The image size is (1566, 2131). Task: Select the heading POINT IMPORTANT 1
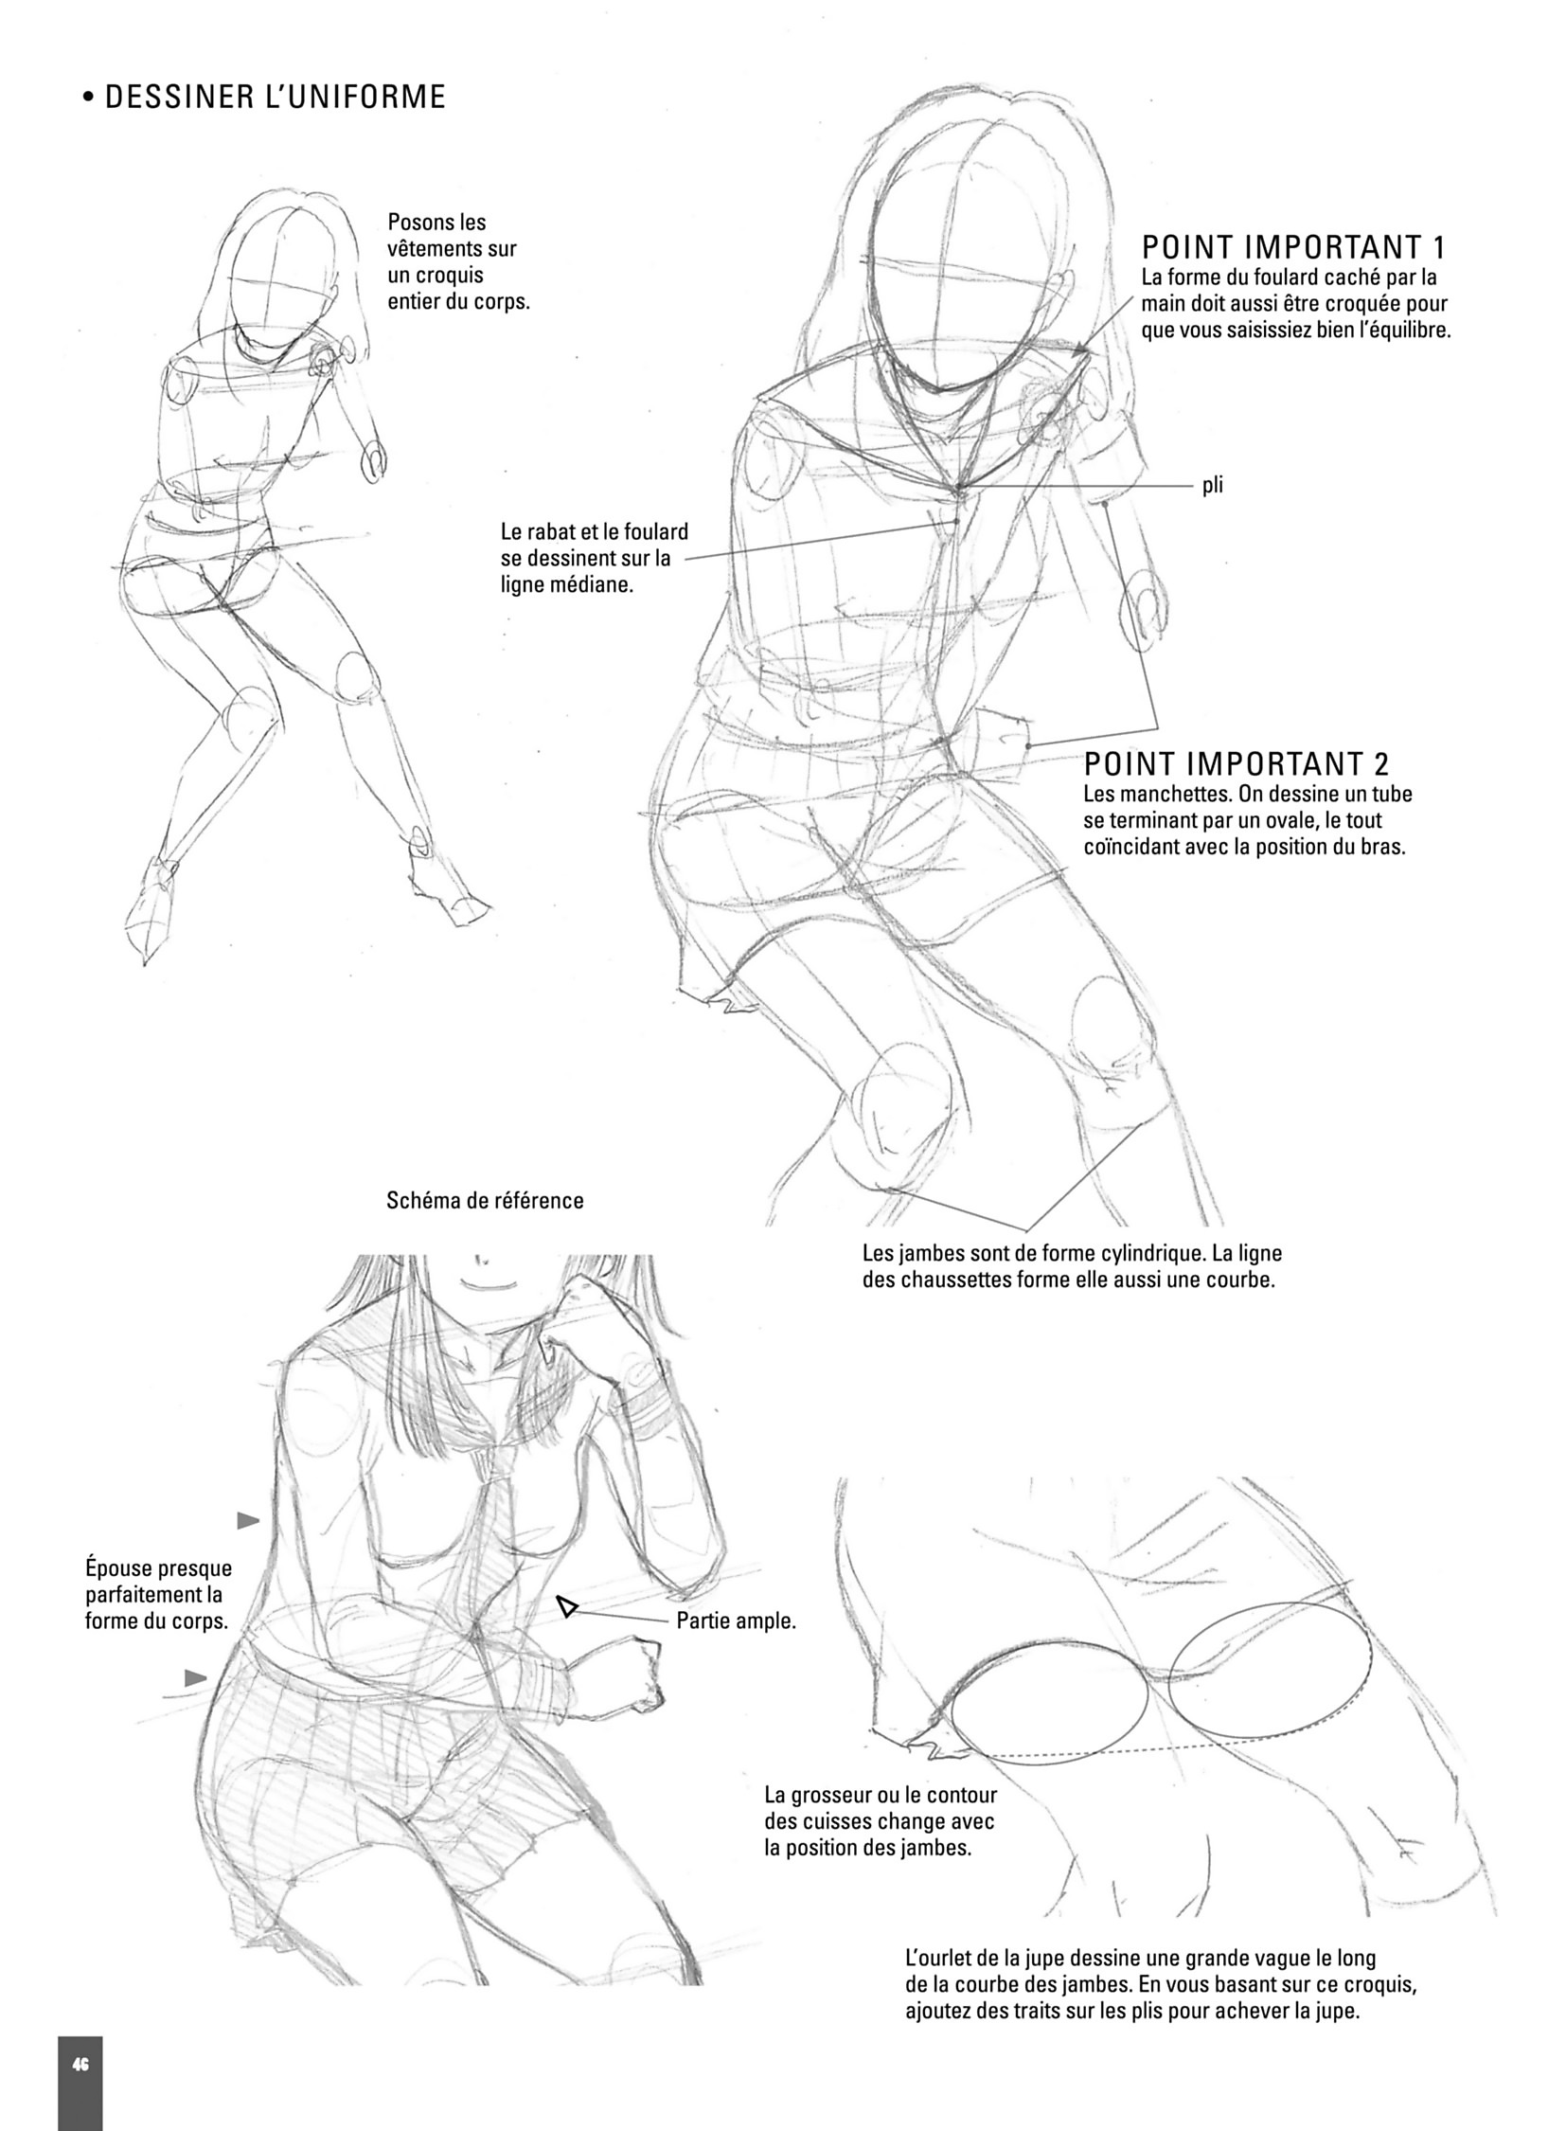coord(1294,247)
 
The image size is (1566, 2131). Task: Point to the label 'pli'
coord(1213,486)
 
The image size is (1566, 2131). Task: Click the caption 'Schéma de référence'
coord(486,1201)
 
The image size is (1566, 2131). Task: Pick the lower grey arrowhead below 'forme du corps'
coord(196,1678)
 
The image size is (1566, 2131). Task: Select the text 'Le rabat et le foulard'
coord(595,532)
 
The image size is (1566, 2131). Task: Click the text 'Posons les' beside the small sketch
coord(437,222)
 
